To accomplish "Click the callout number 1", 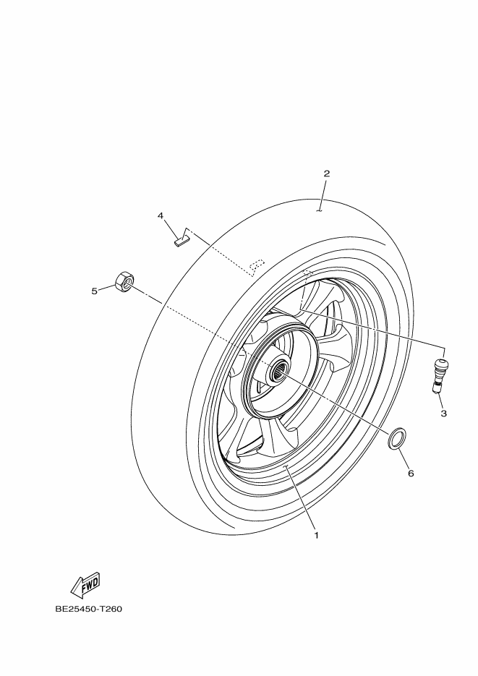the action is pos(316,536).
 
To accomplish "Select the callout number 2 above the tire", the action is pos(327,174).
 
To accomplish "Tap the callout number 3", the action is pos(443,414).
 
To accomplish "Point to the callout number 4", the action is pos(161,215).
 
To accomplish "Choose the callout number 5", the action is pos(95,291).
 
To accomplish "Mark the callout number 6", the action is pos(411,474).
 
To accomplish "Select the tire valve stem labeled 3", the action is pos(440,375).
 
